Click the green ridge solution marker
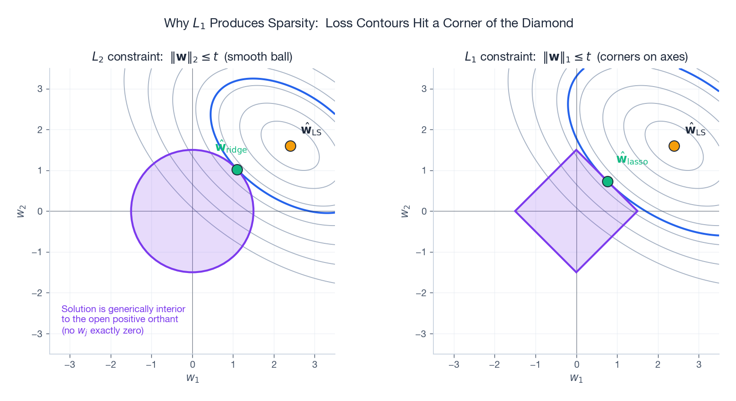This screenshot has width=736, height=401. [237, 170]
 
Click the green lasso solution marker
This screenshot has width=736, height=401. [607, 181]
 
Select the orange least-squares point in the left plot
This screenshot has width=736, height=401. [290, 146]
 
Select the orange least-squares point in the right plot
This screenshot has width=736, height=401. [674, 146]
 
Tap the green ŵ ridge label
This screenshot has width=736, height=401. [231, 148]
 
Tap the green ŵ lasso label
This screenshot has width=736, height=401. [632, 159]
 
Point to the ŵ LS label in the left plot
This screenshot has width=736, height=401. [311, 130]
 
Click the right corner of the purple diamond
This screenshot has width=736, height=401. [637, 211]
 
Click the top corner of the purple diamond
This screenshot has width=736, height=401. [576, 150]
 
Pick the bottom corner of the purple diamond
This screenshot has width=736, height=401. [576, 272]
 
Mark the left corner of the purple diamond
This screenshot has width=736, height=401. [515, 211]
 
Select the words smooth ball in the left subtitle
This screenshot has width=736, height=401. [258, 57]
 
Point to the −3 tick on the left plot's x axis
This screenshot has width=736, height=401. [70, 364]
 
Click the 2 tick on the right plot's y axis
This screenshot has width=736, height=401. [424, 129]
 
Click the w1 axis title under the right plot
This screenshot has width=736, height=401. [576, 378]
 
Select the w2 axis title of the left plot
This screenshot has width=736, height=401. [21, 211]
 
